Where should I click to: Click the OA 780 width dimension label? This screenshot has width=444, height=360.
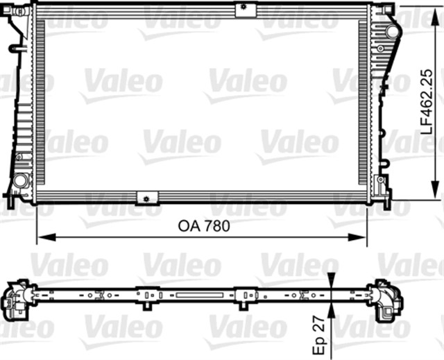point(203,225)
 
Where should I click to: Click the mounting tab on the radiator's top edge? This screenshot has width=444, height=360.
point(242,9)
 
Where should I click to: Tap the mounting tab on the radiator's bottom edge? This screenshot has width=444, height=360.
point(147,197)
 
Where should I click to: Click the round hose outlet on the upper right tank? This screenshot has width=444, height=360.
point(393,32)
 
